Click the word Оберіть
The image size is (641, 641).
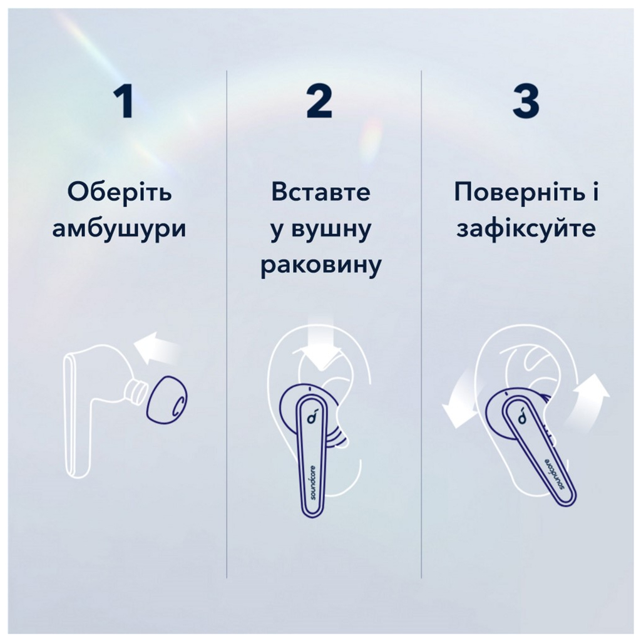click(119, 193)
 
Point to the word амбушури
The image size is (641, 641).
click(119, 228)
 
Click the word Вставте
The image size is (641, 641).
click(320, 193)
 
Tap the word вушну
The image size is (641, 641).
click(320, 229)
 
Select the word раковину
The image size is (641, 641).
click(320, 265)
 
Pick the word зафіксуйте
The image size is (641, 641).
click(526, 228)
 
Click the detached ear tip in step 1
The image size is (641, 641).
click(167, 406)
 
